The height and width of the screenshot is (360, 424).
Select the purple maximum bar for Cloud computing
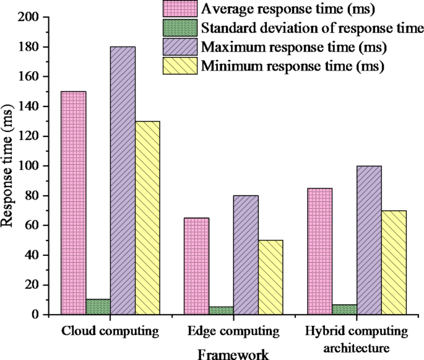(123, 180)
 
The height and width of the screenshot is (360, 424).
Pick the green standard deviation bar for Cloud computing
(98, 307)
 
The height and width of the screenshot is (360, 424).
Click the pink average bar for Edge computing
(197, 266)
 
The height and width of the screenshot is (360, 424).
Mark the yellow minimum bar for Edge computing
(270, 278)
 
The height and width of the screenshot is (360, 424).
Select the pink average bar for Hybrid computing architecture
(320, 252)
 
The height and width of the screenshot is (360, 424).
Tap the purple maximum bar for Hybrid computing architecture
(369, 240)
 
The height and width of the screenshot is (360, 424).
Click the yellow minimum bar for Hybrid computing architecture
(394, 263)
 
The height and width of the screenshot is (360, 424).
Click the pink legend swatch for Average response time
(180, 9)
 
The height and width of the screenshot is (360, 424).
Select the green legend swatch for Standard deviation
(180, 28)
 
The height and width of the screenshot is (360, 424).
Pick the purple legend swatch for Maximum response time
(180, 47)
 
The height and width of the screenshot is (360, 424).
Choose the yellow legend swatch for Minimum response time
(180, 66)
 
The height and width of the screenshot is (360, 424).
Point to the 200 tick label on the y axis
(29, 17)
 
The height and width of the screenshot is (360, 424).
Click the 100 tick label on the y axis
(29, 166)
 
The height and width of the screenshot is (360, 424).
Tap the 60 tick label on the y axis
(32, 226)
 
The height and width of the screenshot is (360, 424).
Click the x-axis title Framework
(233, 354)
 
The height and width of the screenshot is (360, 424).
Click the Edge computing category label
(233, 330)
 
